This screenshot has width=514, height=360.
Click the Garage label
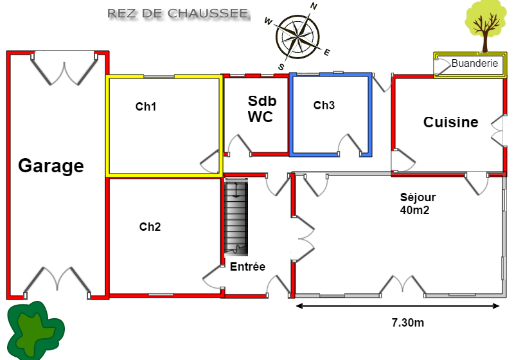pos(51,166)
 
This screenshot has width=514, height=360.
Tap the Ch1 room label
pos(146,107)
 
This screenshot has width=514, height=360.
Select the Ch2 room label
pos(150,226)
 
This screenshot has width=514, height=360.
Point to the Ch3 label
pos(324,105)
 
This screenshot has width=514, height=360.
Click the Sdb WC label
pos(260,109)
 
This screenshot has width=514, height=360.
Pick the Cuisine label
pos(450,122)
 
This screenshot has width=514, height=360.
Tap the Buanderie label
pos(475,64)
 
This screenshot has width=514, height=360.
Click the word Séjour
pos(418,197)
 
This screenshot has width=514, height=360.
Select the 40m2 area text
pos(414,210)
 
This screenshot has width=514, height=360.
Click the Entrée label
pos(247,267)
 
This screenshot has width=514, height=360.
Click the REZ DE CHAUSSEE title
pos(179,14)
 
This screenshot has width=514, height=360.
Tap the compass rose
pos(297,35)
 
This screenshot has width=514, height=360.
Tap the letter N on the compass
pos(314,6)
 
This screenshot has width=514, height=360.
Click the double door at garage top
pos(65,68)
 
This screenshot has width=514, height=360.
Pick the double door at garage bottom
pos(57,282)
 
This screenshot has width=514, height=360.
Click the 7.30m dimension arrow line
pos(398,306)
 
